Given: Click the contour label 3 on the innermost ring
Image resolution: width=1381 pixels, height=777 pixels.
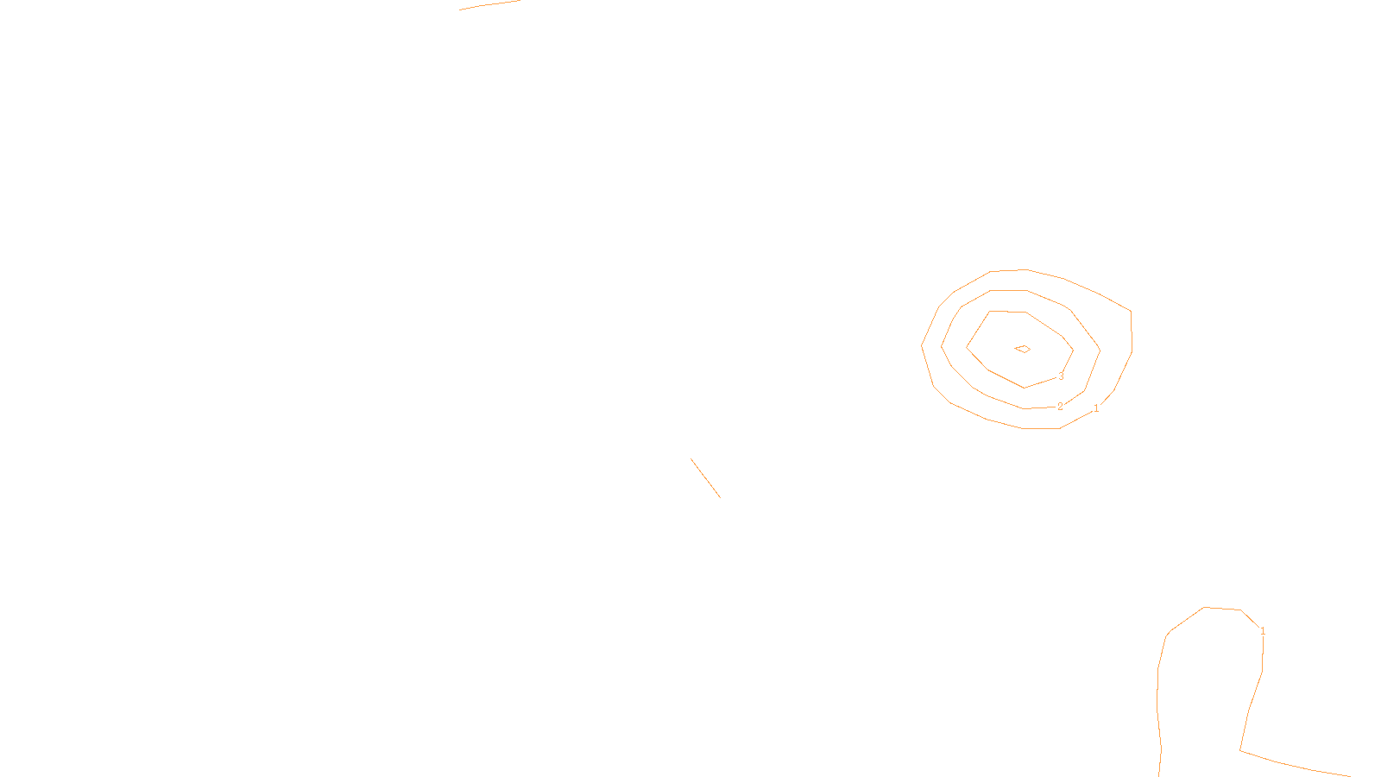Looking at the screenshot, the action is point(1061,376).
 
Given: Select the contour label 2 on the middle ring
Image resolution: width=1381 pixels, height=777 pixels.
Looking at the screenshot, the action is point(1060,407).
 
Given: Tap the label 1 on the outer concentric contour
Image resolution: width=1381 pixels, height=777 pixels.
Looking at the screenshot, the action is point(1096,408).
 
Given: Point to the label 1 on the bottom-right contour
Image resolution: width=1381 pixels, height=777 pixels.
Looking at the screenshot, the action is point(1263,632).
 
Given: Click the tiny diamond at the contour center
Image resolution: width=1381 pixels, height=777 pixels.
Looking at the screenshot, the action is point(1023,349).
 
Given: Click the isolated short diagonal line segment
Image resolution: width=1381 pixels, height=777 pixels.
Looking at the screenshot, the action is point(705,477).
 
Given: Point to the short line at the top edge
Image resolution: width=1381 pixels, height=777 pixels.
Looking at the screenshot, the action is point(489,5).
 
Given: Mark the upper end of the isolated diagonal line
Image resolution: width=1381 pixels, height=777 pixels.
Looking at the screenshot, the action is point(691,459).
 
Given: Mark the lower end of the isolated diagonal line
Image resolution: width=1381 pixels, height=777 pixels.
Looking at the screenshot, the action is point(720,497).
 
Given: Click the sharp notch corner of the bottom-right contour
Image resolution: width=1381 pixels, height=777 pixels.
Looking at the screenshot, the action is point(1240,750).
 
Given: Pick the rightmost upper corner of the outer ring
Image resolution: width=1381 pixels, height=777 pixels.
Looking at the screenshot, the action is point(1131,310).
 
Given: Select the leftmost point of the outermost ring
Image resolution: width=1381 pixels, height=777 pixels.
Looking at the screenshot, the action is point(922,346).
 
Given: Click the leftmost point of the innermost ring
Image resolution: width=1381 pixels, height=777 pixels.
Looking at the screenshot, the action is point(966,346).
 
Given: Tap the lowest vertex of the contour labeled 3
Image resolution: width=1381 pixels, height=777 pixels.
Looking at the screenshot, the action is point(1025,388).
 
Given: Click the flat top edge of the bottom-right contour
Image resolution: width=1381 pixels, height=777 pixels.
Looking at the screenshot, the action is point(1222,609).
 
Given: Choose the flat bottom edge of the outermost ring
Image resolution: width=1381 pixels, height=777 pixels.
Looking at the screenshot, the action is point(1041,428).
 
